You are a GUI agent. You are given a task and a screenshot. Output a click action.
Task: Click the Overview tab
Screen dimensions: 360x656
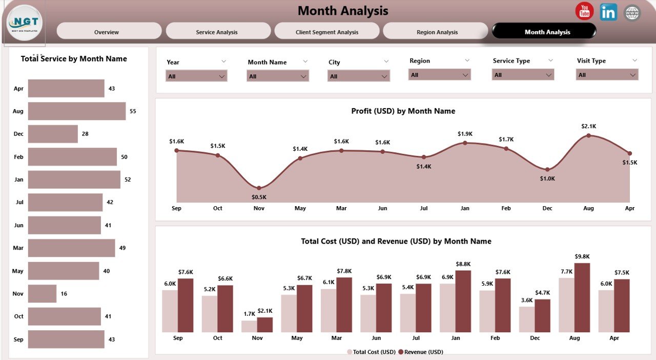point(107,32)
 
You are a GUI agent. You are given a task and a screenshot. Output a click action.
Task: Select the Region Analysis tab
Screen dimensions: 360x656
point(437,32)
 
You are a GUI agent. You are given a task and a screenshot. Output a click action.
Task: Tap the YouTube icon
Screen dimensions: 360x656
point(584,11)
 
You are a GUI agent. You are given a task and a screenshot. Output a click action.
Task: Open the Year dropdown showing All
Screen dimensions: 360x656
point(196,76)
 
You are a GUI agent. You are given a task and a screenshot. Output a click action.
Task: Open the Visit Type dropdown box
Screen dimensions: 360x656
point(607,75)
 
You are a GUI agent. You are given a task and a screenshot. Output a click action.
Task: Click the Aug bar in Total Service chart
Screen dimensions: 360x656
point(77,111)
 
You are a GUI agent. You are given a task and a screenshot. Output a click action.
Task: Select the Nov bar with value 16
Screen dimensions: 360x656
point(42,294)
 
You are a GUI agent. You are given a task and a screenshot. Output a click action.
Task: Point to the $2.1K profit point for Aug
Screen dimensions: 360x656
point(588,135)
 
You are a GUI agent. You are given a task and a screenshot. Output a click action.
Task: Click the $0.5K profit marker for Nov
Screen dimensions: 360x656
point(259,188)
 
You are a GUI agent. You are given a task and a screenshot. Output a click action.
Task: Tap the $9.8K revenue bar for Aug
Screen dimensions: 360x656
point(582,298)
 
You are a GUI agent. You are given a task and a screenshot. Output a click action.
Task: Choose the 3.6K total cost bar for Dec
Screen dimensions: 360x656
point(527,319)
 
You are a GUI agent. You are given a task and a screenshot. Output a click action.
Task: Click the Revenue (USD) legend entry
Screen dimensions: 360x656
point(423,352)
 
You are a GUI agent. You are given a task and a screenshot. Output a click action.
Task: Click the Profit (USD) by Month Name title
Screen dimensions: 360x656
point(403,111)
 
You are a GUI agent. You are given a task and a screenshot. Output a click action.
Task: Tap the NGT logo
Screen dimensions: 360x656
point(25,23)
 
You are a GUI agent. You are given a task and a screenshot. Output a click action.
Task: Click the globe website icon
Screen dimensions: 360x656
point(632,13)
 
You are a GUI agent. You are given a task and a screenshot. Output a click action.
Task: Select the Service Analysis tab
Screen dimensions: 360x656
point(217,32)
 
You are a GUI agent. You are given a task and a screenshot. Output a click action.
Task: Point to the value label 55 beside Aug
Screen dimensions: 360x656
point(133,111)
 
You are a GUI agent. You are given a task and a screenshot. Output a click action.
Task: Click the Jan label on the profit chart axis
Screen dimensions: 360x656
point(465,208)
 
